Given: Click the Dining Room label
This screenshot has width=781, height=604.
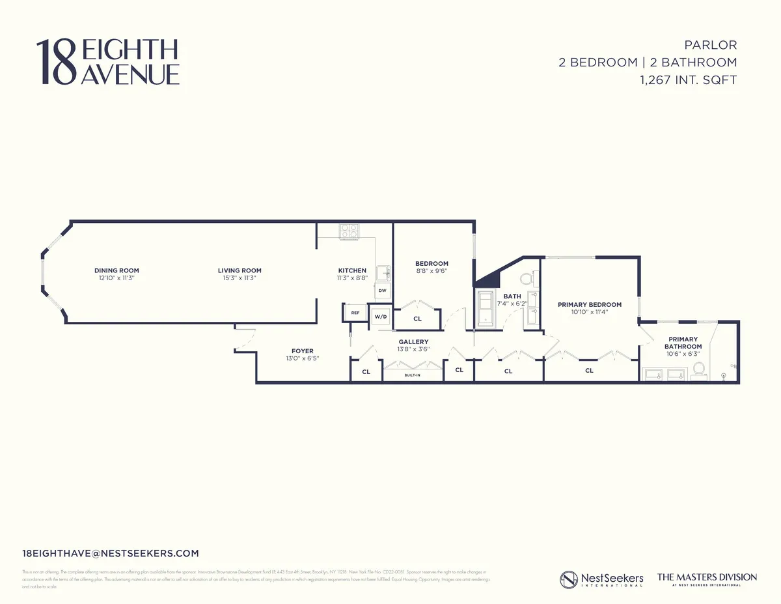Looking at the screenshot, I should (116, 270).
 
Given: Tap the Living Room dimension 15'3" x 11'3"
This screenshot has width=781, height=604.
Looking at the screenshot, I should (240, 278).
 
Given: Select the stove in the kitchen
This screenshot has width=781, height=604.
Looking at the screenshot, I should (348, 231).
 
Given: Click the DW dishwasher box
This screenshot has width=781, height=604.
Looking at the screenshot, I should (383, 291).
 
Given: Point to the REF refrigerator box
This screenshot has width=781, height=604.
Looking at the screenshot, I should (355, 313).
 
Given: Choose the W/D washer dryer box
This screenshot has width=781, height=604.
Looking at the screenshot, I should (380, 317).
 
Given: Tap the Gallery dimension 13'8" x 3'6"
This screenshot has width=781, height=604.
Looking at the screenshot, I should (413, 349).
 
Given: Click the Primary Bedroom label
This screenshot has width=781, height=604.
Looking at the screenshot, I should (589, 304).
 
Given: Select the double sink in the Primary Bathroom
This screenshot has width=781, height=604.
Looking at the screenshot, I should (664, 374).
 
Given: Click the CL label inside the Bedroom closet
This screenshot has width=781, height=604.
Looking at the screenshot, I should (417, 319).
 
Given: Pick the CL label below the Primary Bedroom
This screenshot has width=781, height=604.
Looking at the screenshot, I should (589, 371).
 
